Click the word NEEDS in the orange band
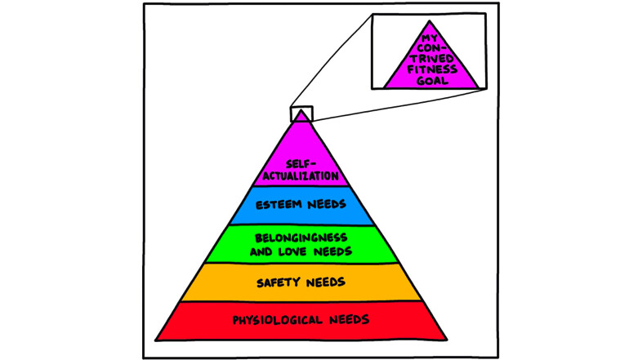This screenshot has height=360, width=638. [x=324, y=283]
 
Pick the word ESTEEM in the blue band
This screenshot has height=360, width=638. [x=279, y=204]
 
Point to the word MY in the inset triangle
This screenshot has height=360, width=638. [x=431, y=38]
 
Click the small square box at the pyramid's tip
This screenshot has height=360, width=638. [x=301, y=114]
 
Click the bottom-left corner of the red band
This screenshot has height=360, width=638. [x=156, y=338]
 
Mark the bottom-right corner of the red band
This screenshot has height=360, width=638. [x=447, y=338]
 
